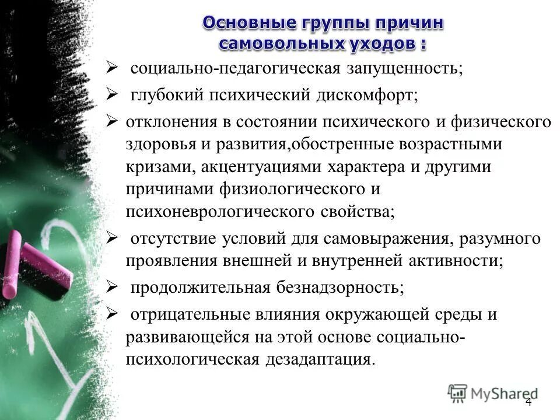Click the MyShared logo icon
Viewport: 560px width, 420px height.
pos(458,393)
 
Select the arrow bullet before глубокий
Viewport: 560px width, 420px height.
pos(111,94)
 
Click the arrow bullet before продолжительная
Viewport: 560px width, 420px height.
pos(111,287)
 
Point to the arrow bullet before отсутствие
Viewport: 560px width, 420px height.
pos(111,237)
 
